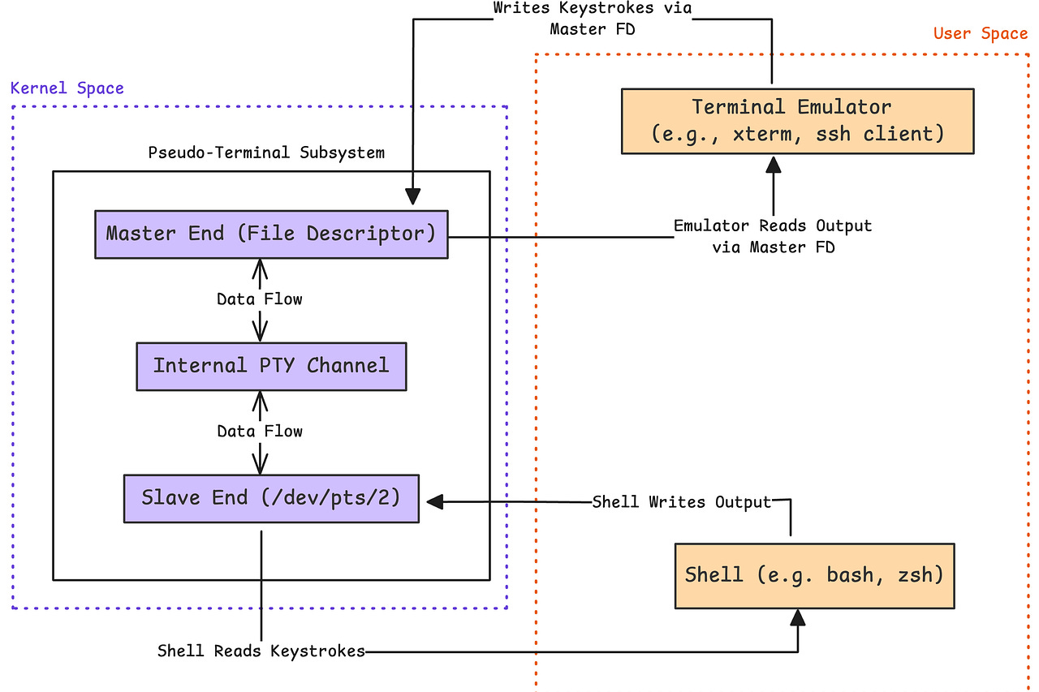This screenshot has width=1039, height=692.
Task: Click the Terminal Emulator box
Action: click(797, 121)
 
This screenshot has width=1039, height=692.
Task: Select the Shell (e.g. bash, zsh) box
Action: click(814, 576)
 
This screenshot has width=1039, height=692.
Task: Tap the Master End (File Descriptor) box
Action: click(271, 234)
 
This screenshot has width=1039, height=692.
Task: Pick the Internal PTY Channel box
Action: click(271, 366)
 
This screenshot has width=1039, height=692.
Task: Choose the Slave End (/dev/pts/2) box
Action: click(271, 498)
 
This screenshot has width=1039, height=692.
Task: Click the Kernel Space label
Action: click(67, 88)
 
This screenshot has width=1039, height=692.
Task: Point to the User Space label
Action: click(980, 33)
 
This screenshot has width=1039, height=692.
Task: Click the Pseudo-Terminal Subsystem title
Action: click(266, 153)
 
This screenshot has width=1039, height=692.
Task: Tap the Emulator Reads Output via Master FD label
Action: click(773, 236)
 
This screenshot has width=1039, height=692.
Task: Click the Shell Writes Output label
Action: click(681, 502)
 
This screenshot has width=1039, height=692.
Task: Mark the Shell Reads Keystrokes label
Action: click(261, 651)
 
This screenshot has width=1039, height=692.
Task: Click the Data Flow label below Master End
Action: click(260, 299)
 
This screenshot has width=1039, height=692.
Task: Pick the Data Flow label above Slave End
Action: click(260, 432)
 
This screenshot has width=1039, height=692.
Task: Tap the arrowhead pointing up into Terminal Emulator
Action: click(774, 164)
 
